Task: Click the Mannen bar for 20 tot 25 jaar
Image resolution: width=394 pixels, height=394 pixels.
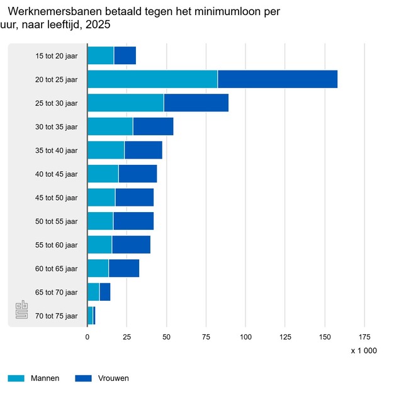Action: [152, 79]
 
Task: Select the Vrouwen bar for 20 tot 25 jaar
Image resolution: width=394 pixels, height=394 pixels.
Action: [278, 79]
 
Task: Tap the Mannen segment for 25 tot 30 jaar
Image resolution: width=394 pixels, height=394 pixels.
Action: [125, 103]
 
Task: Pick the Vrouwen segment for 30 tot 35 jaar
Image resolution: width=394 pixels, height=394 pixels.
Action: [153, 127]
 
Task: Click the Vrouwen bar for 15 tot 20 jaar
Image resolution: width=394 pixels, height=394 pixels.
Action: [125, 55]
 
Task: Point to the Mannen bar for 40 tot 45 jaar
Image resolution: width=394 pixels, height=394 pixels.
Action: [103, 174]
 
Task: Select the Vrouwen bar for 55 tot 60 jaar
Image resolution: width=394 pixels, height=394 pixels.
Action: [131, 244]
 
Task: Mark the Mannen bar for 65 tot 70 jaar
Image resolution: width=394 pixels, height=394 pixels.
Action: [93, 292]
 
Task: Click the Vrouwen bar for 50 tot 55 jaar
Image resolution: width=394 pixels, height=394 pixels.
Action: [133, 221]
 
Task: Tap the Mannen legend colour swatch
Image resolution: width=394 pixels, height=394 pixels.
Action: [16, 378]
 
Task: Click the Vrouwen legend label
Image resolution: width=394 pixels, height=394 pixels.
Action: [113, 378]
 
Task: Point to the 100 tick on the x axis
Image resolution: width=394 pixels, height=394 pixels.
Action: [245, 337]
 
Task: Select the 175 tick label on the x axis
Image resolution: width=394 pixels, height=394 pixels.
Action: [364, 337]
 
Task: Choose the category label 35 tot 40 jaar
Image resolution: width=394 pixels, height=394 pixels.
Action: [57, 150]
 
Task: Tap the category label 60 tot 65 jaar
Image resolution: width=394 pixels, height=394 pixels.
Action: [57, 269]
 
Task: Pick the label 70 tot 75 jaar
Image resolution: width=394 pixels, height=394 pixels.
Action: [57, 316]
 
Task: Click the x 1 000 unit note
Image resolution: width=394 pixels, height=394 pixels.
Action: [364, 351]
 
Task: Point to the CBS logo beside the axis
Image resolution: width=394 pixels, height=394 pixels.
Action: [22, 312]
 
